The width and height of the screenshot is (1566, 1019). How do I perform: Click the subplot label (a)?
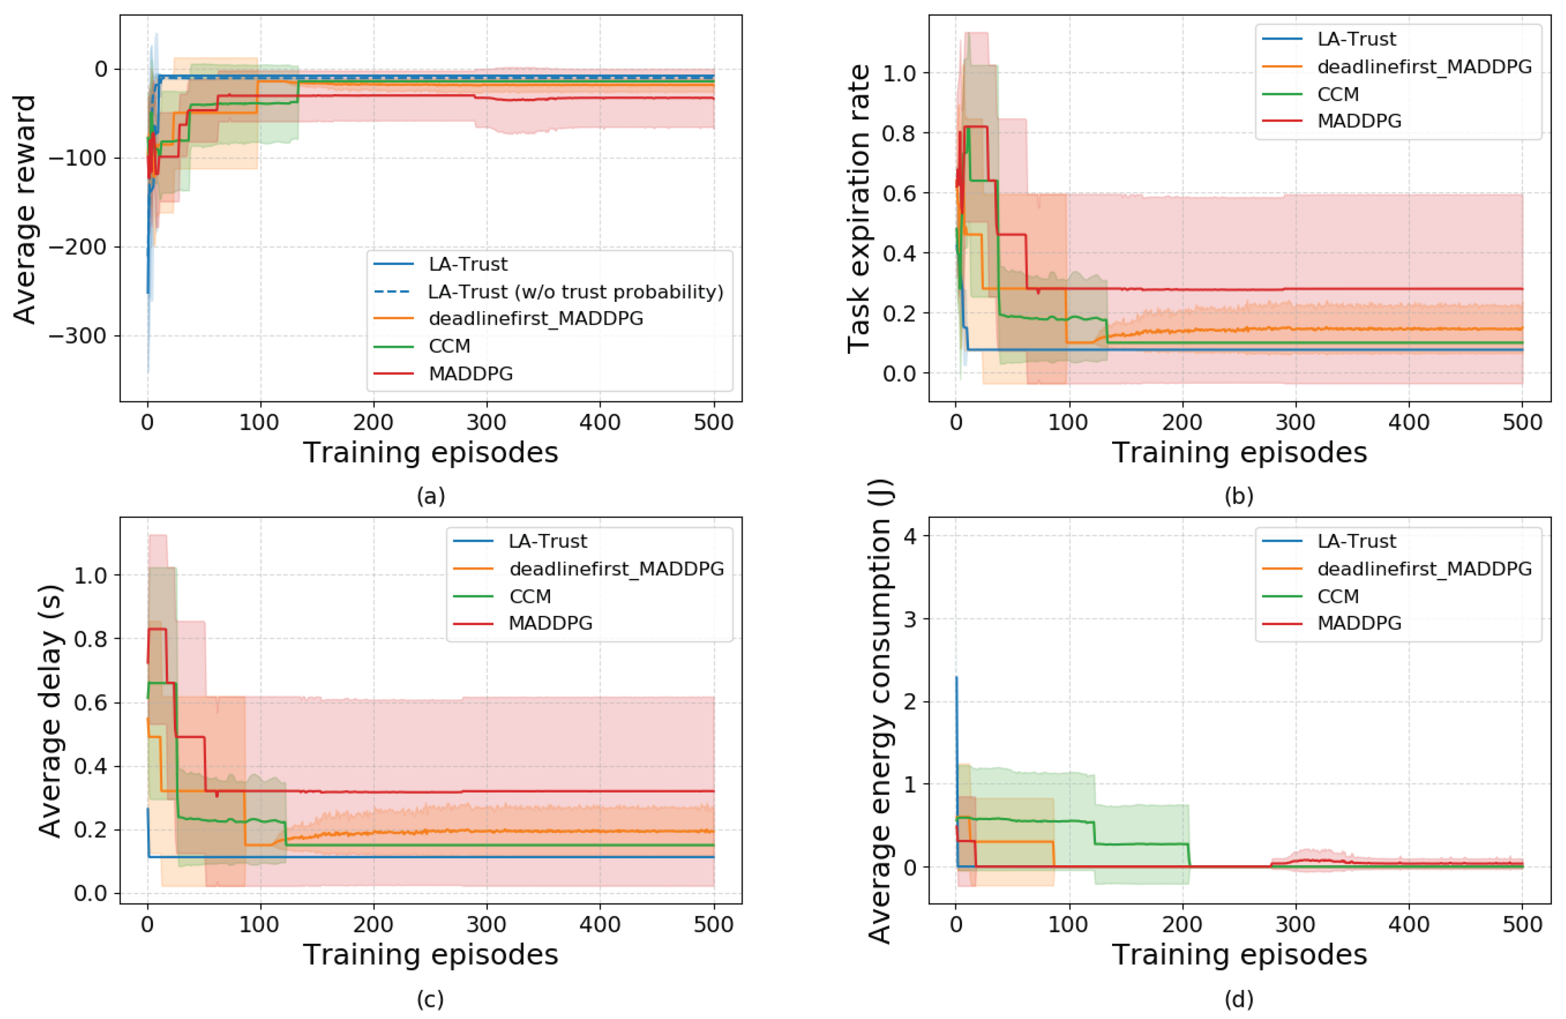pyautogui.click(x=431, y=496)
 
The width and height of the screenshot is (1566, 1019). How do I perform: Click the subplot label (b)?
pyautogui.click(x=1239, y=496)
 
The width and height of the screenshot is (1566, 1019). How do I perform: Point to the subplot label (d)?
pyautogui.click(x=1239, y=999)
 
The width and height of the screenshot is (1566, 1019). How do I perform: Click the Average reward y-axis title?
pyautogui.click(x=24, y=209)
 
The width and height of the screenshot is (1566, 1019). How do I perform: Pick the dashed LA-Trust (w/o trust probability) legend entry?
pyautogui.click(x=549, y=292)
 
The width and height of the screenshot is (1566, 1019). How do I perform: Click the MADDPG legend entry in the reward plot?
pyautogui.click(x=443, y=373)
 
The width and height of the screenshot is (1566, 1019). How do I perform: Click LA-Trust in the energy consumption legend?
pyautogui.click(x=1329, y=541)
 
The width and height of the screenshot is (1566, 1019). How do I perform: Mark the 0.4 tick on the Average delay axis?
pyautogui.click(x=91, y=766)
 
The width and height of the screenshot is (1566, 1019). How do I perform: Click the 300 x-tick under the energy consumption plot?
pyautogui.click(x=1296, y=924)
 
